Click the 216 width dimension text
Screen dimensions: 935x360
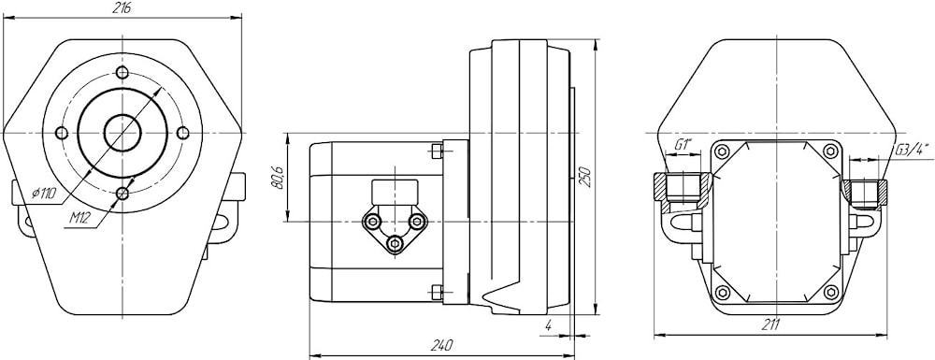(122, 7)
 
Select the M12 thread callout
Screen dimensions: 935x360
(79, 218)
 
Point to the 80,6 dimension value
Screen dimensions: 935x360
(279, 178)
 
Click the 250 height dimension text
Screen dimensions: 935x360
(587, 177)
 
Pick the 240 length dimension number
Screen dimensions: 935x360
(442, 345)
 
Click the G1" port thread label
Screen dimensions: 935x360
(683, 145)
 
